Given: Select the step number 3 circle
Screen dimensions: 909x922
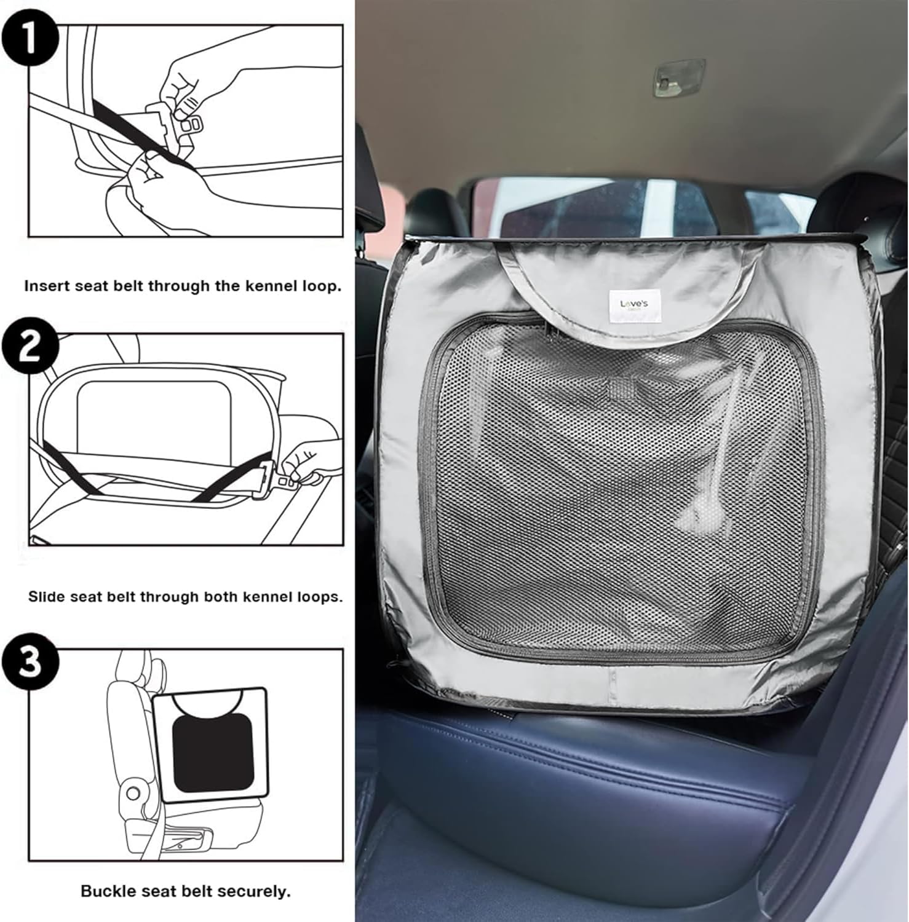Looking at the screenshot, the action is coord(30,661).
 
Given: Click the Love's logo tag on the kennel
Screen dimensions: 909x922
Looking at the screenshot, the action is coord(633,305).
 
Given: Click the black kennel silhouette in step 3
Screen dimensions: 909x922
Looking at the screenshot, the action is coord(213,754).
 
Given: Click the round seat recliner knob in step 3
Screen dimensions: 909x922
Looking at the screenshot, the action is coord(133,794).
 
